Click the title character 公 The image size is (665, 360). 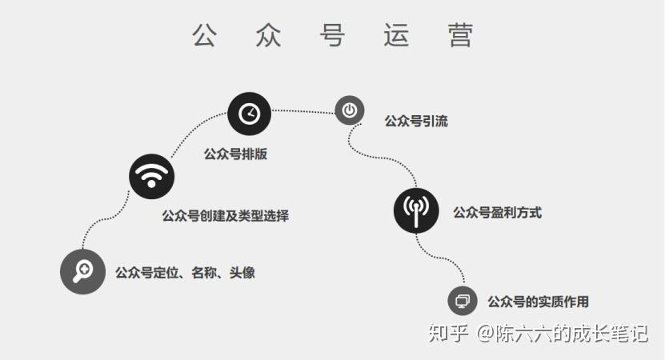tap(205, 35)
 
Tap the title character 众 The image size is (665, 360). tap(269, 35)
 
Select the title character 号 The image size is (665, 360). tap(332, 35)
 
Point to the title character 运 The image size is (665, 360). tap(396, 35)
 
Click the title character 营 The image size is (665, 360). tap(461, 35)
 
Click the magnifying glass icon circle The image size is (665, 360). tap(83, 271)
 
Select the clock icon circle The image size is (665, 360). tap(250, 113)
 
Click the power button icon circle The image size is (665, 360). tap(350, 110)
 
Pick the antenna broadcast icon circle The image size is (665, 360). tap(416, 210)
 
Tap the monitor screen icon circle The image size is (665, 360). tap(462, 301)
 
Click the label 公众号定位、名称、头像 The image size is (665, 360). tap(185, 273)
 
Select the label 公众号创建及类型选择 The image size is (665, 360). tap(225, 215)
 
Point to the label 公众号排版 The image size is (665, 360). tap(235, 154)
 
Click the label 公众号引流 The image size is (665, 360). tap(416, 122)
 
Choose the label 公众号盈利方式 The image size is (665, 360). tap(497, 213)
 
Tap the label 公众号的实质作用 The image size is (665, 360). tap(538, 302)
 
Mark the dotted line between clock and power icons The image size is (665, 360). tap(302, 111)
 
